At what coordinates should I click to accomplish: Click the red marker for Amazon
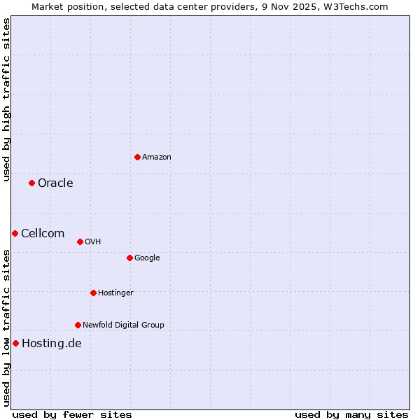click(x=137, y=157)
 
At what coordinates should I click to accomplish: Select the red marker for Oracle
click(x=31, y=183)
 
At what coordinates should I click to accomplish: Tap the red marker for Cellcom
click(x=15, y=233)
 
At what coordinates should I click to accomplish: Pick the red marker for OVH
click(x=80, y=241)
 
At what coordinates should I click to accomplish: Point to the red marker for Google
click(x=129, y=258)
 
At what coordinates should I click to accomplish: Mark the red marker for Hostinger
click(x=93, y=293)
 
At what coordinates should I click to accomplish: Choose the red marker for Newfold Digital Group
click(x=78, y=325)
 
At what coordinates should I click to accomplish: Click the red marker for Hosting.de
click(x=15, y=343)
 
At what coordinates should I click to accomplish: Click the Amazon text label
click(x=157, y=157)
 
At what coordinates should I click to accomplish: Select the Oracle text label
click(x=55, y=183)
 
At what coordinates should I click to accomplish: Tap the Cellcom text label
click(x=43, y=234)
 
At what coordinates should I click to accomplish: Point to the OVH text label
click(x=93, y=242)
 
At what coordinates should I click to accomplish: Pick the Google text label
click(x=147, y=258)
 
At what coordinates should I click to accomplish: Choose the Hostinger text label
click(x=115, y=293)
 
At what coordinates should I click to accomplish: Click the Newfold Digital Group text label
click(x=123, y=325)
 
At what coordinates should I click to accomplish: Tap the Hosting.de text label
click(x=52, y=343)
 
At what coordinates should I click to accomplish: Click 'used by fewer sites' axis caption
click(x=72, y=414)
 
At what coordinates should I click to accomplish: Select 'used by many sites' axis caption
click(x=351, y=414)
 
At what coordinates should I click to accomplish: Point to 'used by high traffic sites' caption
click(x=6, y=99)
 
